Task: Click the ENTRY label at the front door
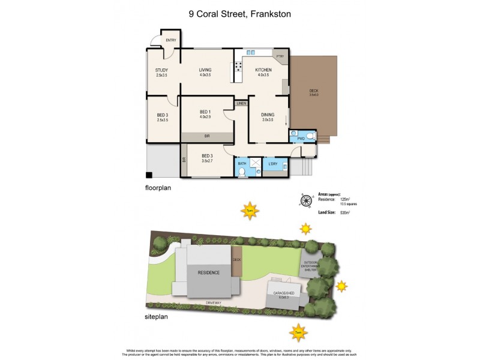pos(172,41)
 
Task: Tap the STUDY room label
pos(161,70)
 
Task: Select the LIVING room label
pos(206,70)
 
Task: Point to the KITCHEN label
pos(264,70)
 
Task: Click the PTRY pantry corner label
pos(280,56)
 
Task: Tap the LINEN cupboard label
pos(241,104)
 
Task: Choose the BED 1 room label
pos(205,112)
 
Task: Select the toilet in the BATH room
pos(241,172)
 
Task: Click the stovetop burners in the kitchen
pos(238,67)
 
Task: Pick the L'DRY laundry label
pos(273,164)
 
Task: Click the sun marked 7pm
pos(249,211)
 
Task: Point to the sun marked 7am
pos(298,331)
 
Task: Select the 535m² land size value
pos(345,212)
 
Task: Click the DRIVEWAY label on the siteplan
pos(213,302)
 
